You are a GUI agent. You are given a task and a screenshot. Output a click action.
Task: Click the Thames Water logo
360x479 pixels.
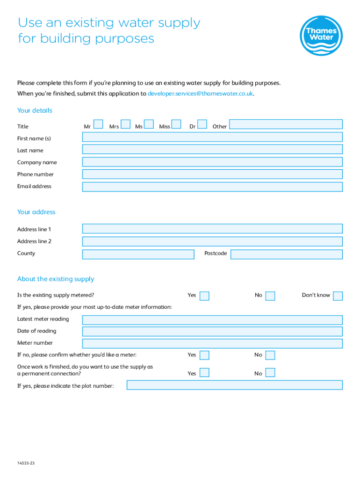click(321, 36)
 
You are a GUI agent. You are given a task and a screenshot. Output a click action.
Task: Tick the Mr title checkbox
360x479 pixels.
click(99, 124)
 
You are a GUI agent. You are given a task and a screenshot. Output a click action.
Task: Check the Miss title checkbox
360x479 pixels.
click(176, 124)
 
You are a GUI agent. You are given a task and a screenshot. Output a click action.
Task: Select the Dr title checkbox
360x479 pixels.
click(202, 124)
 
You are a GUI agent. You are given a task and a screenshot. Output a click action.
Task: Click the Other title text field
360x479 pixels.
click(286, 124)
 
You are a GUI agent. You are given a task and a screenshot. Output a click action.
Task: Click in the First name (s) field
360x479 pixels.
click(212, 137)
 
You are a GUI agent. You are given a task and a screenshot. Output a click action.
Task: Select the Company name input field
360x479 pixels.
click(212, 162)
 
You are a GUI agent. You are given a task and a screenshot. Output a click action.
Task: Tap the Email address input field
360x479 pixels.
click(212, 187)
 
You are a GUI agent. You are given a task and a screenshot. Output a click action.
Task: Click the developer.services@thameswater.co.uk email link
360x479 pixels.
click(200, 94)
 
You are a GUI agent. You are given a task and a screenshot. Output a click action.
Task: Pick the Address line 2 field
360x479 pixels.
click(212, 242)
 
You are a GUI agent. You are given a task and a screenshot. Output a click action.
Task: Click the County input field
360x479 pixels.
click(138, 254)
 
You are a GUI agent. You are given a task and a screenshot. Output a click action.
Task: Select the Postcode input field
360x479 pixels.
click(286, 254)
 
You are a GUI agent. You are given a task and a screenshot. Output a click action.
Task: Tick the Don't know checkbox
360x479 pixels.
click(338, 296)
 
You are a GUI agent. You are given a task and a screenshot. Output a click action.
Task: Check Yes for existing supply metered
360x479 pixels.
click(204, 296)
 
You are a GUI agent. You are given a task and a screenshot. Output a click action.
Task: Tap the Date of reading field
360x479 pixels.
click(212, 332)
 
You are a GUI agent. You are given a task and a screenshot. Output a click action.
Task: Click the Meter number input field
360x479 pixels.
click(212, 344)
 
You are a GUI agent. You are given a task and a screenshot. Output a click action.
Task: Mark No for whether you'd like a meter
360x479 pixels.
click(270, 356)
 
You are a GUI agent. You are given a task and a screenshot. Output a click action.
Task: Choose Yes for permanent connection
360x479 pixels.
click(204, 373)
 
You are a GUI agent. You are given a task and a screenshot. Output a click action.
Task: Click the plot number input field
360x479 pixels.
click(234, 385)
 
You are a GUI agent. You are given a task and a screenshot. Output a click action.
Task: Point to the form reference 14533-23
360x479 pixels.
click(26, 463)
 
